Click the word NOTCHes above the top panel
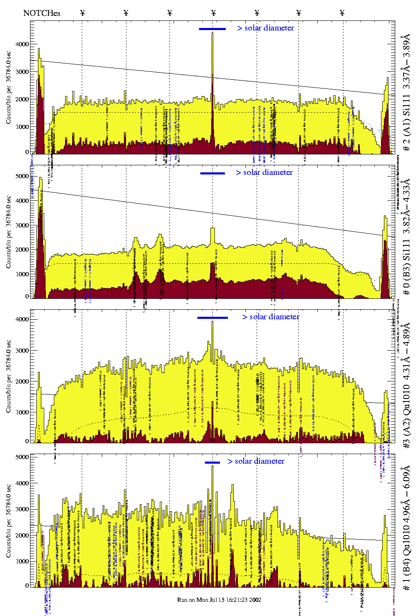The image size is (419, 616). point(42,13)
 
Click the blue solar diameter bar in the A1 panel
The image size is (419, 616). point(212,29)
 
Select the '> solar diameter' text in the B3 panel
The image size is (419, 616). point(264,172)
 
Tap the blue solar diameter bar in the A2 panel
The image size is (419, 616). point(212,318)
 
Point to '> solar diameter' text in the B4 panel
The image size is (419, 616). point(256,461)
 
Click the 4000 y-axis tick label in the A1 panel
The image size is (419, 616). point(22,44)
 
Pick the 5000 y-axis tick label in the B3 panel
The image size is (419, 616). point(22,176)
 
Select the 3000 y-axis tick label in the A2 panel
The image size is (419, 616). point(22,351)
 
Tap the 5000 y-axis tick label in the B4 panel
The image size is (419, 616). point(22,457)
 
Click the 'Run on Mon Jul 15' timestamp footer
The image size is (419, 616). point(219,600)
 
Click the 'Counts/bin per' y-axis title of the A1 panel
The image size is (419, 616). point(9,88)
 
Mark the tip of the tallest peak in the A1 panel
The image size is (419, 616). point(212,33)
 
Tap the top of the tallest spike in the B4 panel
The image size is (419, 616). point(212,466)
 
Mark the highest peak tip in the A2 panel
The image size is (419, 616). point(212,321)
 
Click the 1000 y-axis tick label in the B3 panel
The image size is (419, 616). point(22,274)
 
